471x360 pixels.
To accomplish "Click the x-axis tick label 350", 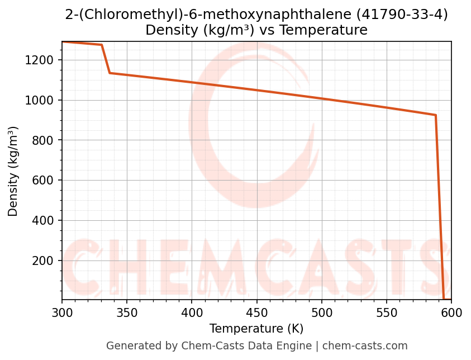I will [127, 312].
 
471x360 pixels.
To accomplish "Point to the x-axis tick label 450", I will [256, 312].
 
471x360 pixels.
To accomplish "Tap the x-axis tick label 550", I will [387, 312].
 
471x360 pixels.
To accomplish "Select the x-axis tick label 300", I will [62, 312].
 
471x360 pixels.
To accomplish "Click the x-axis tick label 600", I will [451, 312].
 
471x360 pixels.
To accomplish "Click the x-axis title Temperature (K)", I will [256, 329].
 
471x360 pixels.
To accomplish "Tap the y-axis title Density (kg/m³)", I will [13, 171].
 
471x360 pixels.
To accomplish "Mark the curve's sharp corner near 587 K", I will [435, 115].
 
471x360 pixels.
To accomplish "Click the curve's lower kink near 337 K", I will [110, 73].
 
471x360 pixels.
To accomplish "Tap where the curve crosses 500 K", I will [322, 98].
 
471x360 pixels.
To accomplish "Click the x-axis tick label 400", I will [192, 312].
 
